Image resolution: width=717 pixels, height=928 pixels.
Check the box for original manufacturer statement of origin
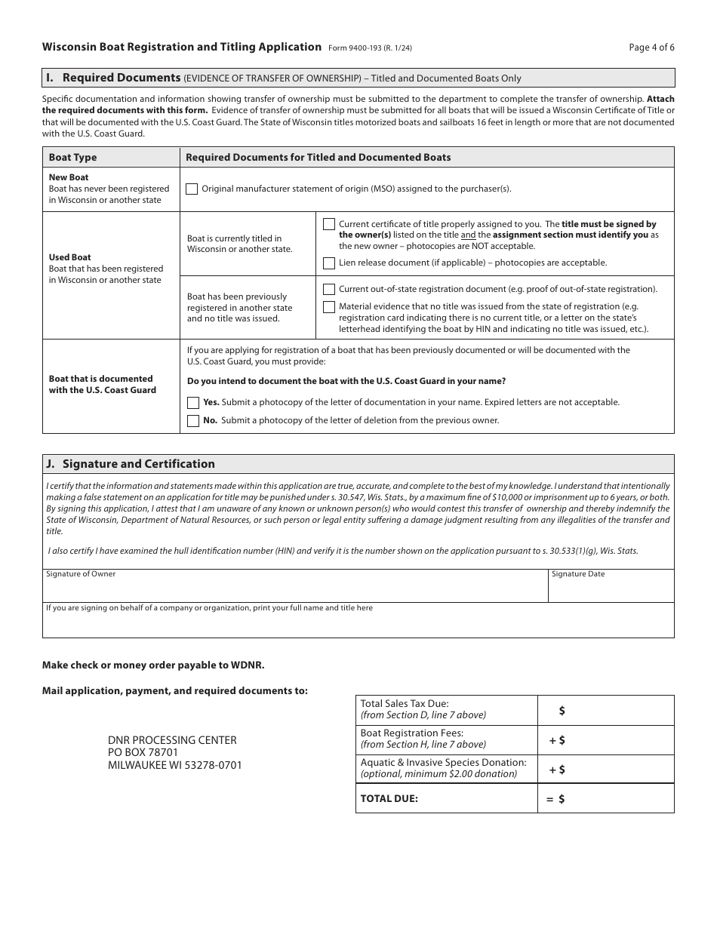[x=192, y=189]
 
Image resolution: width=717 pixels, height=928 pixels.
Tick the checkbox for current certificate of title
[x=329, y=224]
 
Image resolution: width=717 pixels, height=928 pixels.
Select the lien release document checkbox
[x=329, y=263]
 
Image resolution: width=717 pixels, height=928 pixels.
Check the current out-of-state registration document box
[x=329, y=289]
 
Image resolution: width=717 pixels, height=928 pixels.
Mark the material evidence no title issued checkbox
[x=329, y=307]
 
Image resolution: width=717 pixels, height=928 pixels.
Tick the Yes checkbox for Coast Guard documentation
[x=193, y=403]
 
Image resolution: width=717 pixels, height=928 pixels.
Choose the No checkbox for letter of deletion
[x=193, y=421]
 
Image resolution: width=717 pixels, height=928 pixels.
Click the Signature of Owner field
[x=294, y=589]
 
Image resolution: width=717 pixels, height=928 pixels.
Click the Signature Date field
[x=610, y=589]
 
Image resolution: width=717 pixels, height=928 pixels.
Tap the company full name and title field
[x=358, y=624]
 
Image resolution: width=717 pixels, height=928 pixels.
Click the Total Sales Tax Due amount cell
[x=615, y=711]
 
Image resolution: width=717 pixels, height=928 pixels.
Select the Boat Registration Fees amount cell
[x=615, y=741]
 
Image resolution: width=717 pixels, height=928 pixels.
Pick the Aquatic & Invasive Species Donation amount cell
[x=615, y=770]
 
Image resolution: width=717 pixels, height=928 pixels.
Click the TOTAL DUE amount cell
[x=615, y=799]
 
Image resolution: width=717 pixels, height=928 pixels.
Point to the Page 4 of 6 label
[x=651, y=47]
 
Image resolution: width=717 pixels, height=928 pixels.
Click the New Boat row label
[x=69, y=178]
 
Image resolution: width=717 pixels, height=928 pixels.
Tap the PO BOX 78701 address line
[x=143, y=753]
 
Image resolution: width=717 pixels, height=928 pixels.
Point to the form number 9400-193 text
[x=370, y=48]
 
